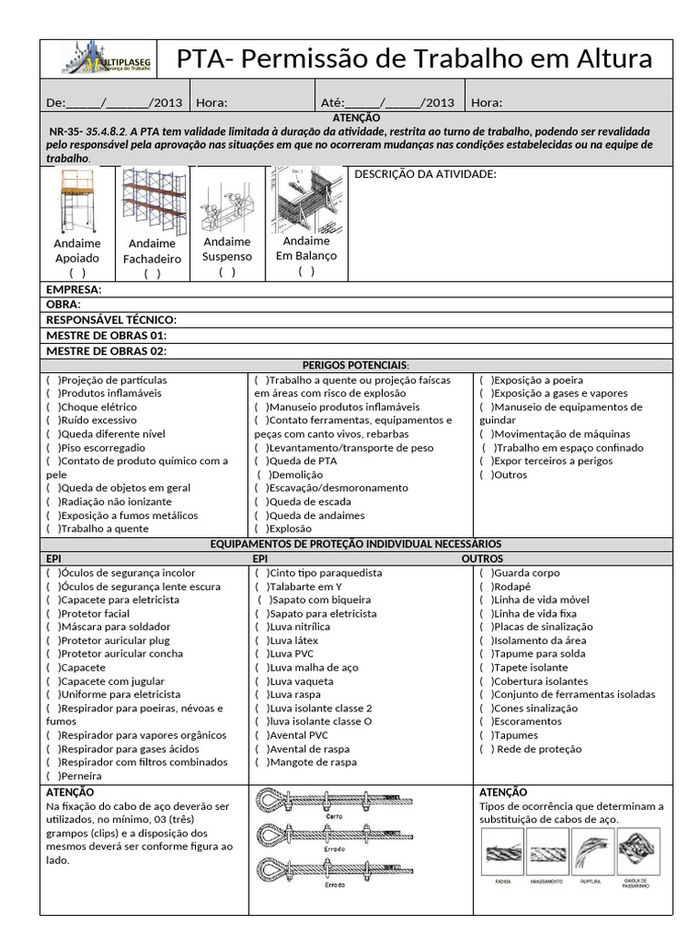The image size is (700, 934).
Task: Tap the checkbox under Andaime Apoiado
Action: coord(77,273)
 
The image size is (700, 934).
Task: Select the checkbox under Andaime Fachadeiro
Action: coord(151,274)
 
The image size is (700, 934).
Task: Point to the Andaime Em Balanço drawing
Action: coord(306,200)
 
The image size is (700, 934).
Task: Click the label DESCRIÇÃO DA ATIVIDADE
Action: coord(424,174)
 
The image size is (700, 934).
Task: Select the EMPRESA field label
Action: coord(74,290)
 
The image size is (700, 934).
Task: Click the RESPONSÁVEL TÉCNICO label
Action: coord(111,320)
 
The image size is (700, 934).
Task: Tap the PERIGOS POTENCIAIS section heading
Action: coord(355,365)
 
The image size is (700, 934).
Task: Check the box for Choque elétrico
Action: coord(53,407)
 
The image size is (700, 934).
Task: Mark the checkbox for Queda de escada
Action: coord(262,501)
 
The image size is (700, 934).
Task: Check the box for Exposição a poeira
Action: coord(486,379)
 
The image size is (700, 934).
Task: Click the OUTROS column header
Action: coord(482,557)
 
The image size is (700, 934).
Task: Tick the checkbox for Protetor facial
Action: coord(53,614)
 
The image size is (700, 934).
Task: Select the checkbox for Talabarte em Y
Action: coord(262,586)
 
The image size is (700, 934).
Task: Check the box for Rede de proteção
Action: coord(487,749)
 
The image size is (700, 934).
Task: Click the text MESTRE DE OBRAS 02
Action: coord(106,350)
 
